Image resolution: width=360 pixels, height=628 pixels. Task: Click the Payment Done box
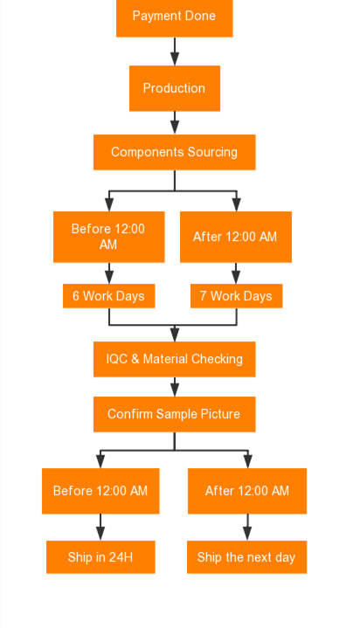pos(175,18)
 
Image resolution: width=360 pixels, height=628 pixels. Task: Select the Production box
pos(175,88)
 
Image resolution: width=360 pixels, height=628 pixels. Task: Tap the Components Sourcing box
pos(175,152)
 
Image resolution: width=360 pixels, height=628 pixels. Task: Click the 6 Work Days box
pos(108,296)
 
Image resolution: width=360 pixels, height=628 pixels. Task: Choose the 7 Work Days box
pos(236,296)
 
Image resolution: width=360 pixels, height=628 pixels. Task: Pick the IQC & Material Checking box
pos(175,359)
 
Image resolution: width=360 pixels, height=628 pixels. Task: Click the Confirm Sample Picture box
pos(175,414)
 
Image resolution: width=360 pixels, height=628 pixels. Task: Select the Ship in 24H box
pos(100,557)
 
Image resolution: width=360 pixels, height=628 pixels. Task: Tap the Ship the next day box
pos(247,557)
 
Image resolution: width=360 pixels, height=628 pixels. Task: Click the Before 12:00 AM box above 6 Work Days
pos(108,237)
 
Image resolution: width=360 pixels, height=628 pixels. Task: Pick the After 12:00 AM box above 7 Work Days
pos(236,237)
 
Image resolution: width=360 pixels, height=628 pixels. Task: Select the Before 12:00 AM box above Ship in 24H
pos(100,491)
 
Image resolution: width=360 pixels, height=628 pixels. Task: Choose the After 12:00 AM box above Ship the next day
pos(247,491)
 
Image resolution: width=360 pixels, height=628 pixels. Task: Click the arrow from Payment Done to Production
pos(175,52)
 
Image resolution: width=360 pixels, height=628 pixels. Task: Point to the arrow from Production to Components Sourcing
pos(175,123)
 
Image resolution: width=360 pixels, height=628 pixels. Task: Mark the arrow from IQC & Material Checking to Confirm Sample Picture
pos(175,387)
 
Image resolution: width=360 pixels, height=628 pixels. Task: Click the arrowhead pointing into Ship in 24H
pos(100,534)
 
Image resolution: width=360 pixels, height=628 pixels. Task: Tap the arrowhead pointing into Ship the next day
pos(247,534)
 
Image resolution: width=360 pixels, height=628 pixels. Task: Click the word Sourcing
pos(212,153)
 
